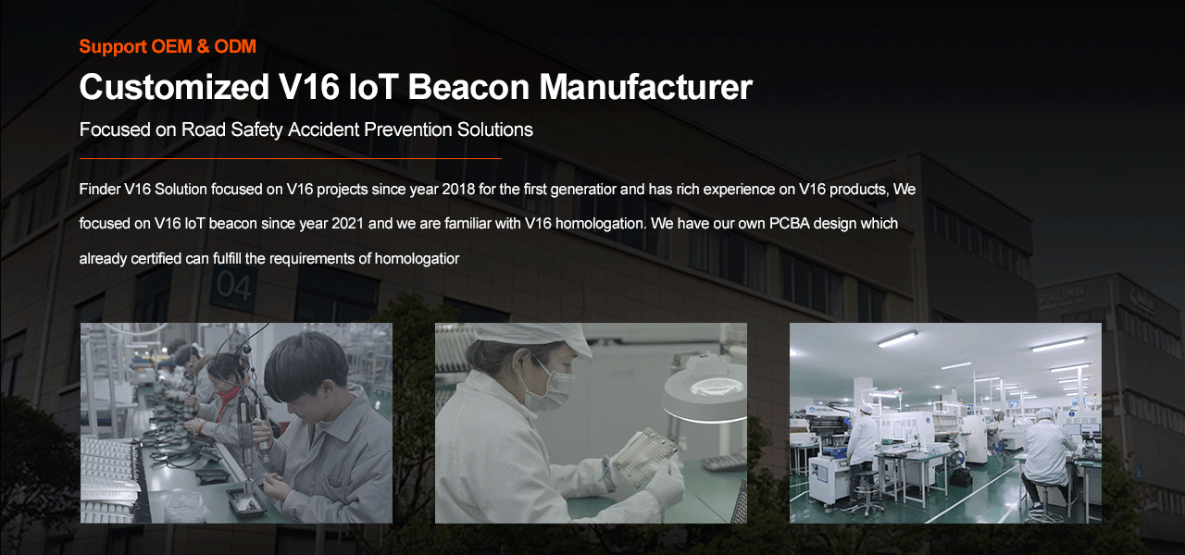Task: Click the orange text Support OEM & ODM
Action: (x=168, y=46)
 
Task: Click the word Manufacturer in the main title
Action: (x=645, y=87)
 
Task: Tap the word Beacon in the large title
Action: (x=468, y=87)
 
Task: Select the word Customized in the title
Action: (x=174, y=87)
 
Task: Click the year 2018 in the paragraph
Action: (x=458, y=190)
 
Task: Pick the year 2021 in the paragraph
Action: (x=347, y=224)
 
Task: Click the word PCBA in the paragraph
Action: (x=790, y=224)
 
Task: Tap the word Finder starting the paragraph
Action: (x=99, y=190)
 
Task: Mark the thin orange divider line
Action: (x=290, y=158)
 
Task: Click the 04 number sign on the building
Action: (x=233, y=287)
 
